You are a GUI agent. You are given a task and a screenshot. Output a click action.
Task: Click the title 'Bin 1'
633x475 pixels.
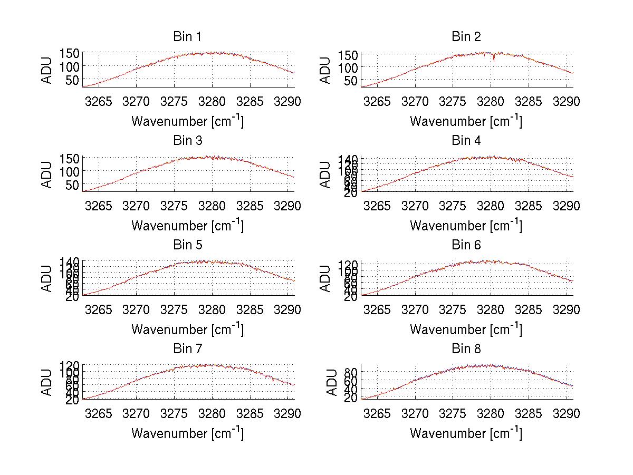[x=187, y=37]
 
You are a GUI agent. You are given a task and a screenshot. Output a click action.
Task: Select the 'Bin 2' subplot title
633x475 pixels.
[x=466, y=37]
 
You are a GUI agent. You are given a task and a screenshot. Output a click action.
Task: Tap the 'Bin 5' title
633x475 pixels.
[x=187, y=245]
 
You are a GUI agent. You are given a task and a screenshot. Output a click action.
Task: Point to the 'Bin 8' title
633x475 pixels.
[x=466, y=349]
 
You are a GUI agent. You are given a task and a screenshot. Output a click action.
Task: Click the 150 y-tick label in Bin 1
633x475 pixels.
[x=70, y=53]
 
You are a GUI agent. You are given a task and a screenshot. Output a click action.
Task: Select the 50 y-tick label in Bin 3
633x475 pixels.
[x=73, y=185]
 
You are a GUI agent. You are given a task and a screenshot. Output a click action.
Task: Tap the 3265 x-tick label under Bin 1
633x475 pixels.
[x=99, y=101]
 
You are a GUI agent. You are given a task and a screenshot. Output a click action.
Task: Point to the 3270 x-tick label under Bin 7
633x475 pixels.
[x=137, y=414]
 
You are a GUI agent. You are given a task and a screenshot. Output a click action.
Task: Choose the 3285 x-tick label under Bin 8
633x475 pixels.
[x=529, y=414]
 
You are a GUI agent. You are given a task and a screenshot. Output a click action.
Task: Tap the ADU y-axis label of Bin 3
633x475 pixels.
[x=47, y=175]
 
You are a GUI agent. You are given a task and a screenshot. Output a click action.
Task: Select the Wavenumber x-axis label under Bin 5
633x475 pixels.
[x=187, y=329]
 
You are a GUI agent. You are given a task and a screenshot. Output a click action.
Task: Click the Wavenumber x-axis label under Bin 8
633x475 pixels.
[x=466, y=433]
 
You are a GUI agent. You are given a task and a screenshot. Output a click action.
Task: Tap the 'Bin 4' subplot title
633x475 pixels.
[x=466, y=141]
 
